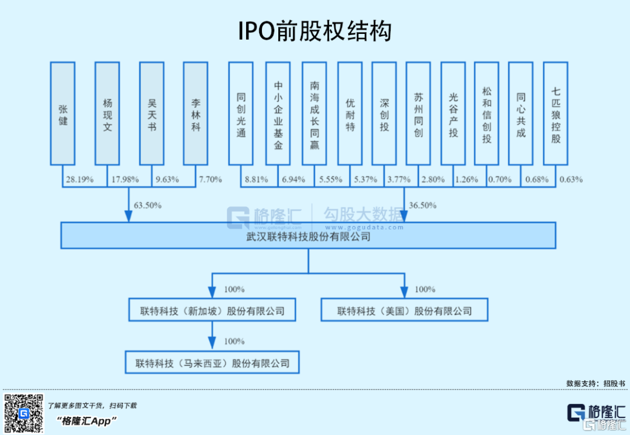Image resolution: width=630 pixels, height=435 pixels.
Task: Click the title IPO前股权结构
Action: (314, 31)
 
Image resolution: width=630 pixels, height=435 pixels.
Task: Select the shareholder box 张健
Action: (63, 114)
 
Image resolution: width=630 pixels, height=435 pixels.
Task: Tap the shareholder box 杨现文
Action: (107, 114)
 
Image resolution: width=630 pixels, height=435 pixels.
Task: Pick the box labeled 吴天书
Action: (152, 114)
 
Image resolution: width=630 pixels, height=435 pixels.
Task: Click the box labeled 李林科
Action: (195, 114)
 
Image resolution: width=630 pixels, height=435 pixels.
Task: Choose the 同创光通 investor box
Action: (241, 114)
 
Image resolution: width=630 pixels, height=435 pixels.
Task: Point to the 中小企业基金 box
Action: (278, 114)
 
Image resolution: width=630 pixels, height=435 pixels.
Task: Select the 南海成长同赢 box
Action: (314, 114)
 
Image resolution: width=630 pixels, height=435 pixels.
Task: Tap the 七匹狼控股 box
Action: (555, 114)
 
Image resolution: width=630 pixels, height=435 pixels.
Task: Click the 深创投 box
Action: (384, 114)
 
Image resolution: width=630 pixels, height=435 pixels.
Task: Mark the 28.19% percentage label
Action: (80, 179)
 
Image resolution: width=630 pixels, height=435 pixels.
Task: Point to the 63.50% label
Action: (148, 206)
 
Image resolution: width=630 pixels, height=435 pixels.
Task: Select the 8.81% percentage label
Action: (257, 179)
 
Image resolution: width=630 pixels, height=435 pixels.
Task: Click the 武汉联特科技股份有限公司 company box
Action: (308, 236)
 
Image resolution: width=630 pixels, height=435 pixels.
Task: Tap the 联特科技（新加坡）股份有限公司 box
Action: (212, 311)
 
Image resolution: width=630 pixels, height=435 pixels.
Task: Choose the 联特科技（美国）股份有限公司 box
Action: (404, 311)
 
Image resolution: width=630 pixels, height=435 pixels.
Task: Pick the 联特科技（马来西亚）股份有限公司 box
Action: (212, 363)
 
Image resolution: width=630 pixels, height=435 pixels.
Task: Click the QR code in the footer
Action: (24, 413)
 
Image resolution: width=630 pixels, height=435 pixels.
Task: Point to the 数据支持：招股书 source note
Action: (595, 384)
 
